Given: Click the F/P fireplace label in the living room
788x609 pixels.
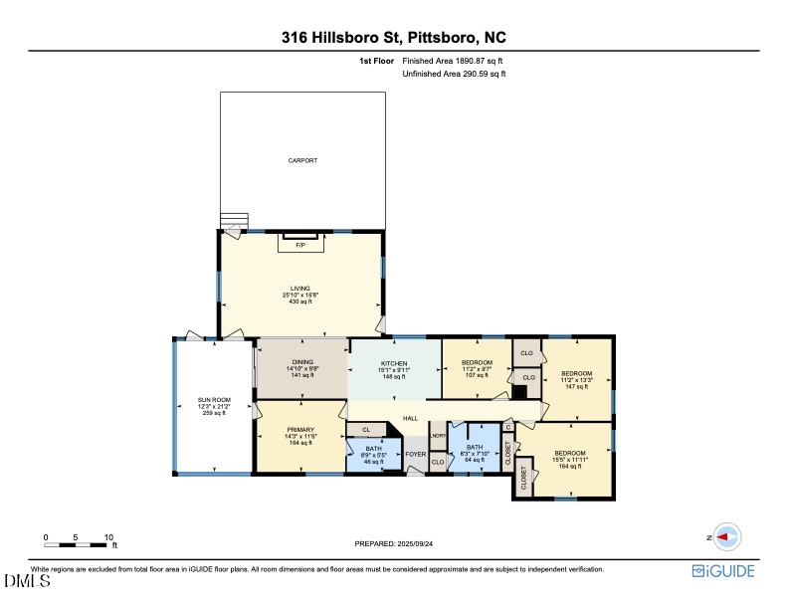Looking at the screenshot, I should click(300, 244).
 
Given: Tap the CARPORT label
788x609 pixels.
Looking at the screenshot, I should click(302, 160).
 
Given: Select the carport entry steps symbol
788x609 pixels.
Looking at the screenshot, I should click(232, 221).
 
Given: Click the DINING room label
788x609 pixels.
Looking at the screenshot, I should click(302, 362).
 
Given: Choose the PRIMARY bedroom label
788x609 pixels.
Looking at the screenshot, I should click(300, 429).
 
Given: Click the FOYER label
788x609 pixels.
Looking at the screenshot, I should click(415, 454).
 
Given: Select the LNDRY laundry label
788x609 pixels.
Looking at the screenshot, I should click(438, 436).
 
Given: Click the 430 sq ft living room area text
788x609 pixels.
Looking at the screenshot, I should click(300, 302).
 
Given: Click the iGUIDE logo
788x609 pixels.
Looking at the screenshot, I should click(723, 571).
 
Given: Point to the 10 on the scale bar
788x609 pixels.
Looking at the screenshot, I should click(108, 537).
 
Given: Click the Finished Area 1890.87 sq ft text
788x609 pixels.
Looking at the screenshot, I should click(453, 61).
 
